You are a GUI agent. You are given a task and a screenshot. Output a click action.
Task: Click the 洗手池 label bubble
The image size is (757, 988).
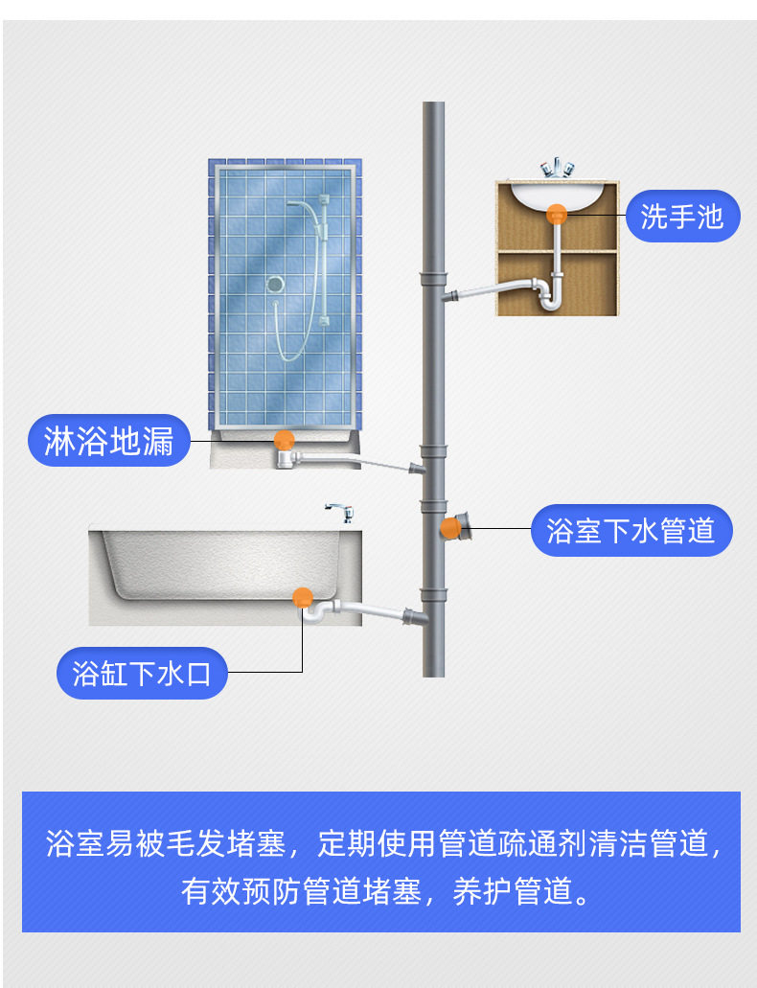coord(682,217)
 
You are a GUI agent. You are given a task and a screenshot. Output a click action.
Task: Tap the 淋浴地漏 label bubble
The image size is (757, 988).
coord(109,441)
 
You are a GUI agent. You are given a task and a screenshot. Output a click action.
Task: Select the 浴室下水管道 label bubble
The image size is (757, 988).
coord(631,530)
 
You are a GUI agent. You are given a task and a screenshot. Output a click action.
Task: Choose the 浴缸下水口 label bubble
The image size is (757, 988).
coord(142,673)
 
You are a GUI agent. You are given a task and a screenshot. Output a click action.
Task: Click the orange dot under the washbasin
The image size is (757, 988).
coord(556,215)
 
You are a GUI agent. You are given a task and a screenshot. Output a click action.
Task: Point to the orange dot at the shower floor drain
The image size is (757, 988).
coord(285,441)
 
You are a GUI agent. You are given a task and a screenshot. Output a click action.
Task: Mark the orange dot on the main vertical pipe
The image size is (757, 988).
coord(449,528)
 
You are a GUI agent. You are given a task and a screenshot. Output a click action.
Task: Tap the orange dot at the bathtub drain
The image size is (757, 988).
coord(303,597)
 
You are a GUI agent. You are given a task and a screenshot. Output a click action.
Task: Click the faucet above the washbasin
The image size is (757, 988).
coord(557,169)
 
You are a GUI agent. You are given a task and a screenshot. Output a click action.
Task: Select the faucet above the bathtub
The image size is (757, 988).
coord(340,513)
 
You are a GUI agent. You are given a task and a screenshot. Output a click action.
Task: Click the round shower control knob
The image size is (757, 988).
coord(275,285)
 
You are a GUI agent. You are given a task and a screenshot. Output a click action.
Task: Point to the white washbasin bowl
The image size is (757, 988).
coord(556,195)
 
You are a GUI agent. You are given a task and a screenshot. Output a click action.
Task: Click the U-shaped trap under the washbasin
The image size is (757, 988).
coord(550,297)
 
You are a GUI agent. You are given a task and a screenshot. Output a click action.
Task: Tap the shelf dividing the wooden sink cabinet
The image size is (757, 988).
coord(557,251)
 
